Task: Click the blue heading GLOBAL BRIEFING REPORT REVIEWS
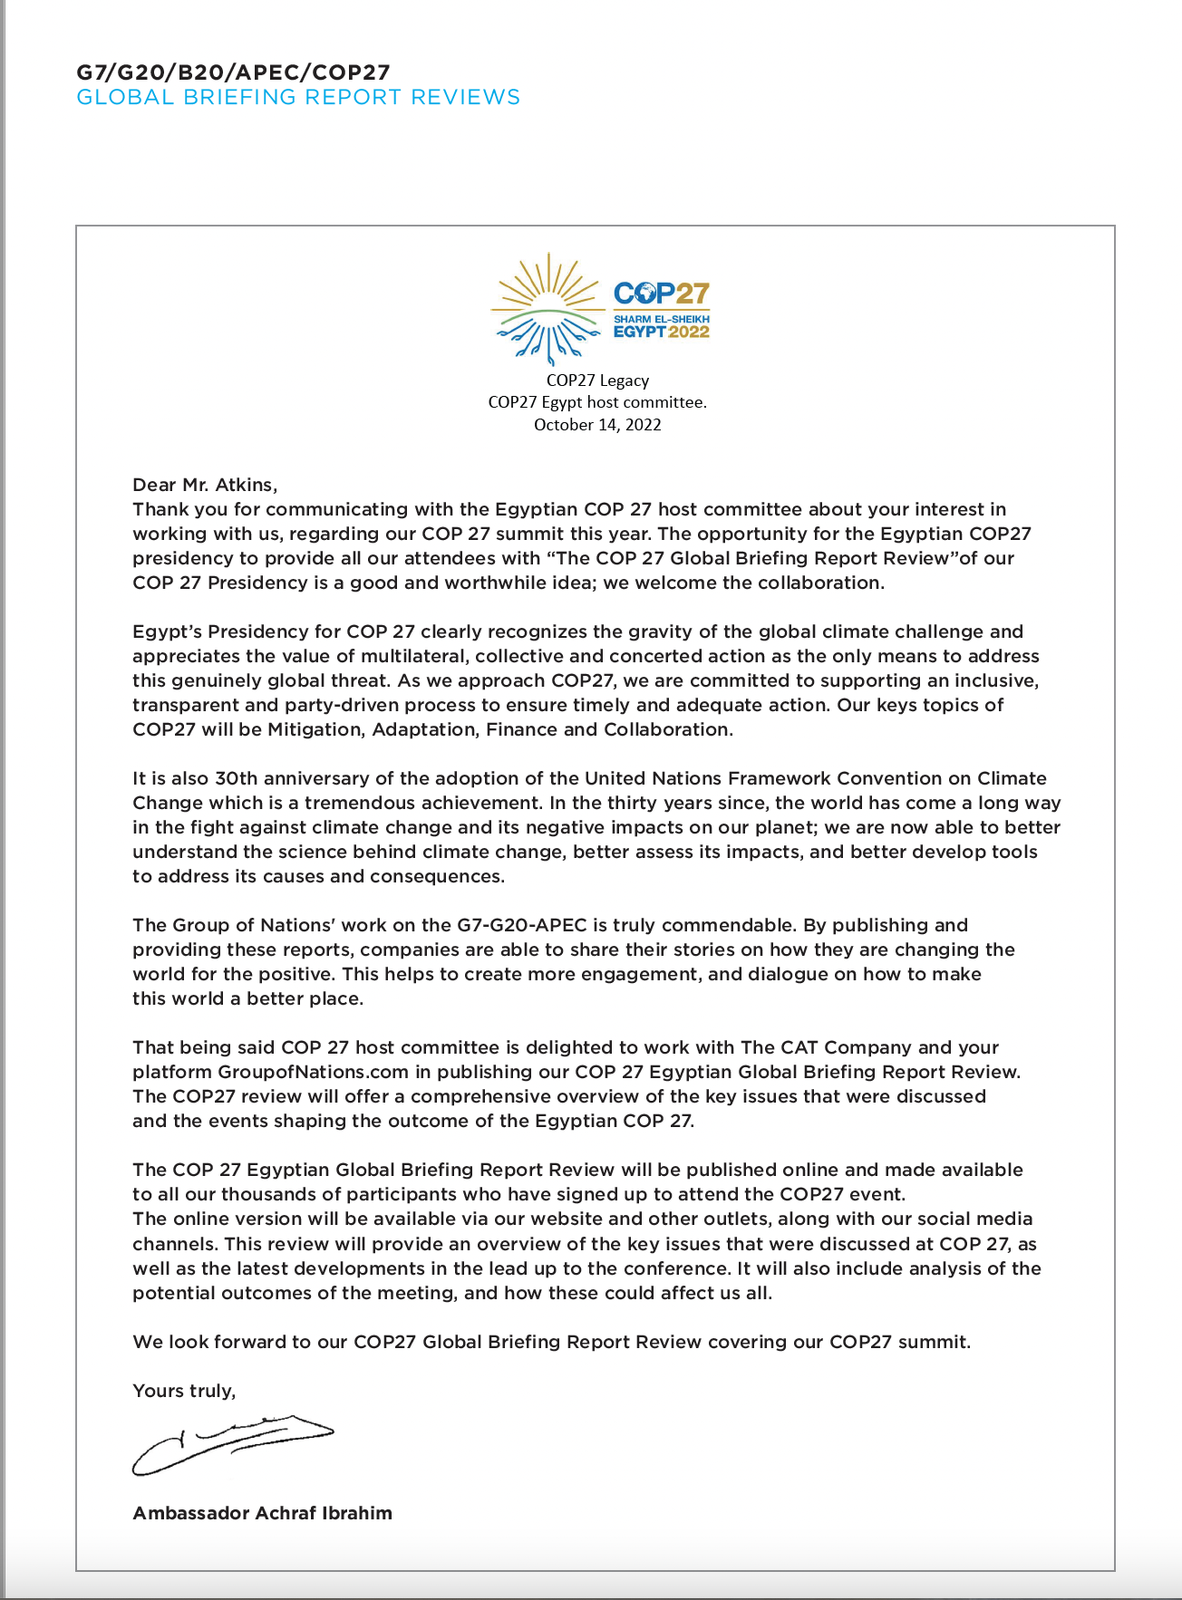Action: pyautogui.click(x=298, y=98)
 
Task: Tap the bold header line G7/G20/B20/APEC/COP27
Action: pyautogui.click(x=233, y=72)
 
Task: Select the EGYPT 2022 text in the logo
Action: pyautogui.click(x=661, y=332)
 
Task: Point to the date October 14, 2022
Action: pyautogui.click(x=596, y=425)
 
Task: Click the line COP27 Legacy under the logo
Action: pyautogui.click(x=596, y=381)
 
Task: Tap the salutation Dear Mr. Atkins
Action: pyautogui.click(x=205, y=485)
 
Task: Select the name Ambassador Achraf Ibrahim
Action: pyautogui.click(x=262, y=1513)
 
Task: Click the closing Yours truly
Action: pyautogui.click(x=184, y=1391)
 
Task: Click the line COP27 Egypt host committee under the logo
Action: pyautogui.click(x=596, y=402)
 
